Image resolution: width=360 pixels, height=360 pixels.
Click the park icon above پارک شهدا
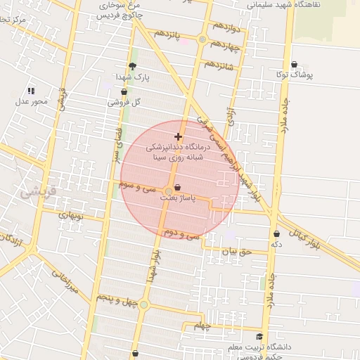tap(132, 65)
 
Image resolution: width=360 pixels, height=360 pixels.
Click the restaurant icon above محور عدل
tap(30, 91)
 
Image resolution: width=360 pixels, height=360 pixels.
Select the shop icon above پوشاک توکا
tap(294, 64)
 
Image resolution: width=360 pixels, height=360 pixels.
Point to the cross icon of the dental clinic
tap(178, 136)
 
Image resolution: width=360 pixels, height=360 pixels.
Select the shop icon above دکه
tap(276, 234)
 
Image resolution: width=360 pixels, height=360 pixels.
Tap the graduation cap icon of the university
tap(260, 336)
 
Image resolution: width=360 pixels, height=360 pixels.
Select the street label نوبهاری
tap(71, 216)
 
